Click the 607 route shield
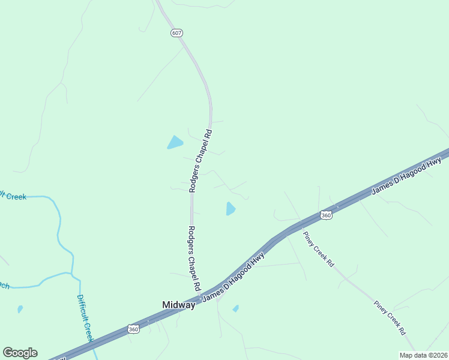[176, 33]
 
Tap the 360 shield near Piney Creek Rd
[326, 215]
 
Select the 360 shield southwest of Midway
[134, 329]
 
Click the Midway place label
[179, 305]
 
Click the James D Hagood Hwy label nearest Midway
[233, 277]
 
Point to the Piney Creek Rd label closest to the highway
[318, 249]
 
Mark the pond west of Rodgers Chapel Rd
[175, 142]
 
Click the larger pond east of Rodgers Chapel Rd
[231, 208]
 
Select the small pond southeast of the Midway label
[236, 308]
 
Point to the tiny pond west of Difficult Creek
[20, 309]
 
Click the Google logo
[20, 353]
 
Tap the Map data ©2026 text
[423, 355]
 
